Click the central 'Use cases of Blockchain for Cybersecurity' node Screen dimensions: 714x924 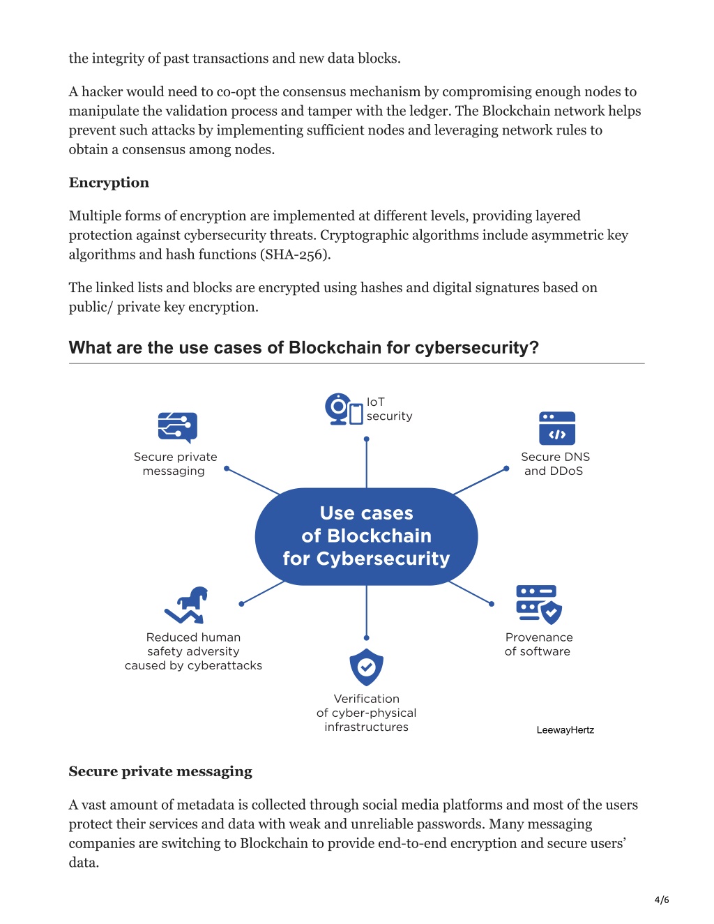[366, 536]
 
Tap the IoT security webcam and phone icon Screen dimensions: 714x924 [344, 409]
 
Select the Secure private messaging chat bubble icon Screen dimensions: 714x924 [178, 427]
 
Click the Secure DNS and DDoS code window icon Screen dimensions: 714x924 [556, 427]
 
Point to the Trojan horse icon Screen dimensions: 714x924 [186, 605]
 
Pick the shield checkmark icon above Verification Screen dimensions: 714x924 [366, 667]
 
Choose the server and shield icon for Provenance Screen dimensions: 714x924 [539, 604]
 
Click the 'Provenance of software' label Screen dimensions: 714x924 [538, 644]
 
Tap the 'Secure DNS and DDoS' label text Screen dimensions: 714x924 [555, 464]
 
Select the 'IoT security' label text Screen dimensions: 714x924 [389, 409]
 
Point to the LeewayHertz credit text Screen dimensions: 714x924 [565, 730]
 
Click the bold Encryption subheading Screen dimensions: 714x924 [109, 183]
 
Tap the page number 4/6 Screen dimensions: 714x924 [662, 900]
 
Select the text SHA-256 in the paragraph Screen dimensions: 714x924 [295, 255]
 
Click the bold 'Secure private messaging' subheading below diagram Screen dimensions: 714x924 [160, 771]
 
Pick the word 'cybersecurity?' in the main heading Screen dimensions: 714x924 [477, 348]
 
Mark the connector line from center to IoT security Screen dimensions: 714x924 [366, 463]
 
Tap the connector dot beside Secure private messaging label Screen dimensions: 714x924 [227, 468]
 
